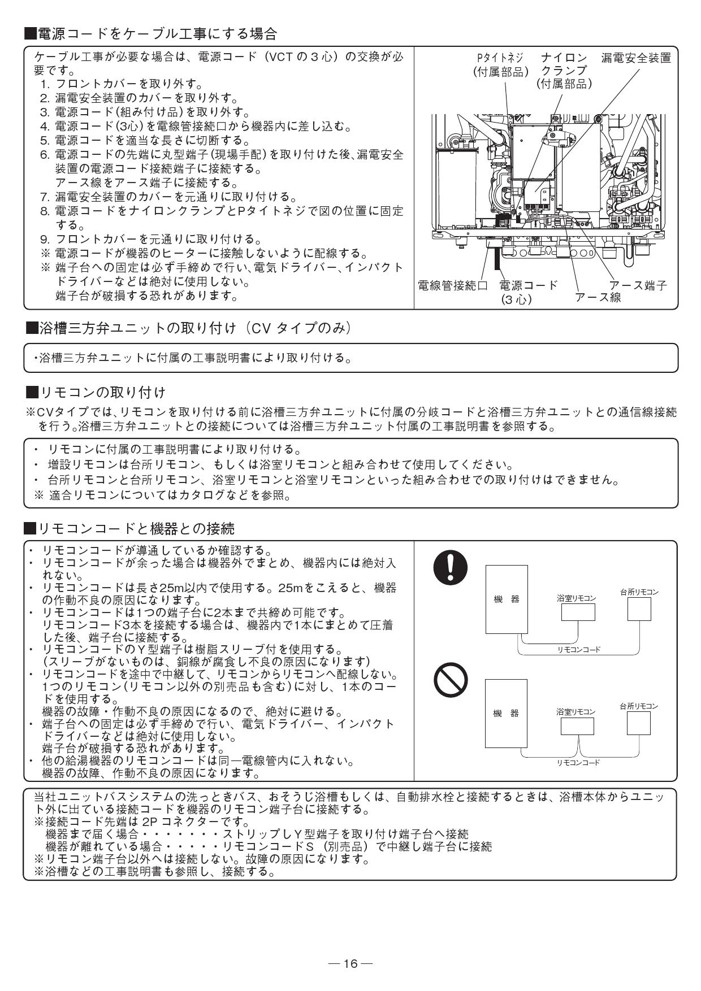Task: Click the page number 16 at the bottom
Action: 350,963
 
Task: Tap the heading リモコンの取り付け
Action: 97,392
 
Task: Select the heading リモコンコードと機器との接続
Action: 130,529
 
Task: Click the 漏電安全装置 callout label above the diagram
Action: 636,58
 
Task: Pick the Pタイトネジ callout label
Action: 500,65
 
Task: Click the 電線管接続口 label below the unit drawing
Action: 452,285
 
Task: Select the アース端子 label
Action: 638,285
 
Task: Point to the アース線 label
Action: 598,298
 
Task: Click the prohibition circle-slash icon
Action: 450,679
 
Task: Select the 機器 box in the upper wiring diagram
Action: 507,599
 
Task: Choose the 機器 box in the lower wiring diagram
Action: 507,713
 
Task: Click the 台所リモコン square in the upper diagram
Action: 639,609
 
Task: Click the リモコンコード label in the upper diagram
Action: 578,650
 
